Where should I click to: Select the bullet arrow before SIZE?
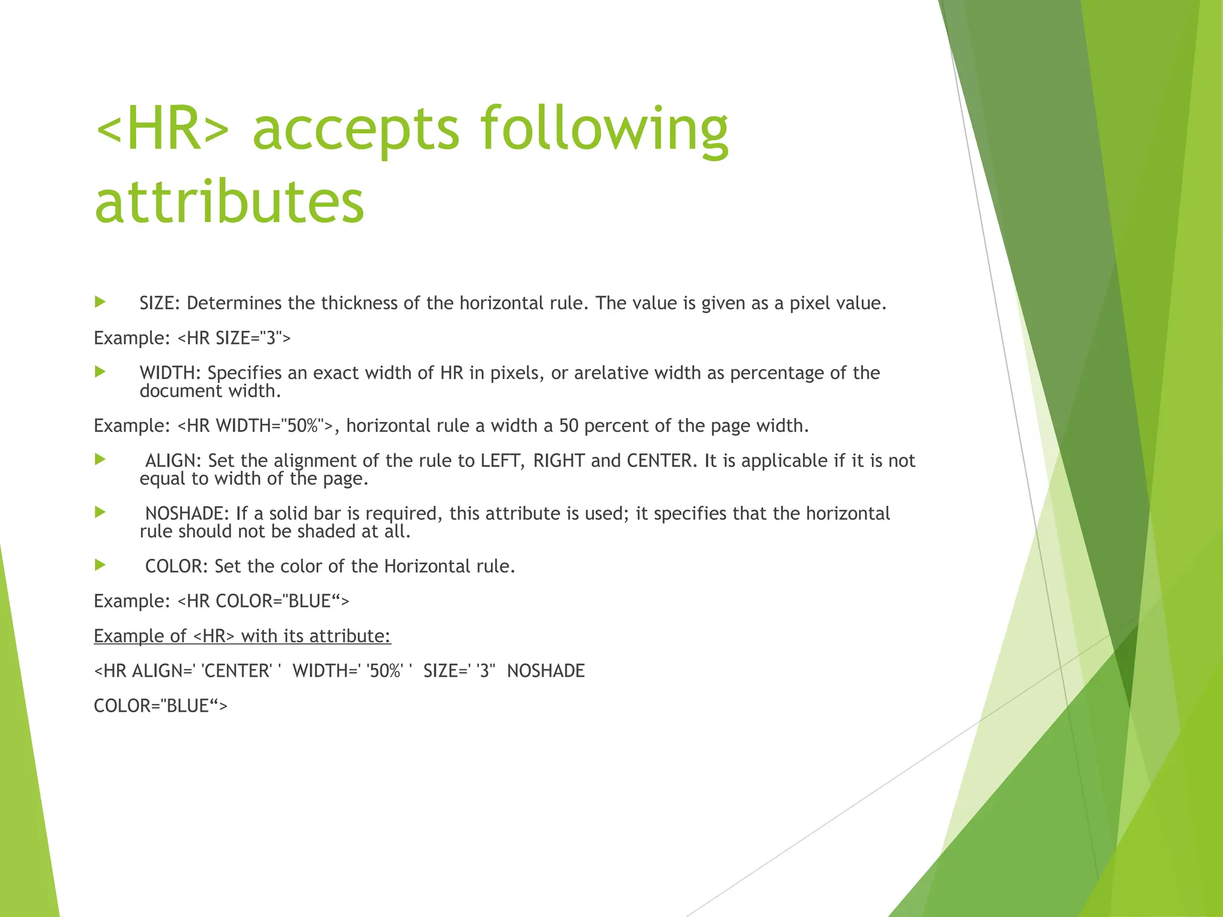100,302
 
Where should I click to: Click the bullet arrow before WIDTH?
100,372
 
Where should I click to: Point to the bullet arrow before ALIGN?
100,459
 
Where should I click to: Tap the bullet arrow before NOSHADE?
100,512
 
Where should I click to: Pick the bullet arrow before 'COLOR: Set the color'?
100,565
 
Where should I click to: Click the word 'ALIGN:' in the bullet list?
174,461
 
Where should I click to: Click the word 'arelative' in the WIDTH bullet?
611,373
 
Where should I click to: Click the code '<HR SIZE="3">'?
234,339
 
